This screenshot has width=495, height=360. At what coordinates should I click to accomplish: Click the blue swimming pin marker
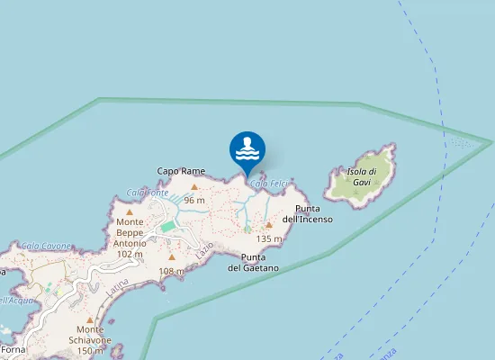coord(247,149)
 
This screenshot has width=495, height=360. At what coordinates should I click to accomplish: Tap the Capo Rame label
coord(181,170)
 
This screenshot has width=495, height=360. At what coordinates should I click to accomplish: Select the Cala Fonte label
coord(148,193)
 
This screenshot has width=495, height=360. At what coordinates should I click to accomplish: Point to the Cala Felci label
coord(268,184)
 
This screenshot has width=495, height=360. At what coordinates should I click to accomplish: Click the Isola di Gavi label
coord(360,175)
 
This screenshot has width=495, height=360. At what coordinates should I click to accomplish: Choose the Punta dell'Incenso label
coord(308,213)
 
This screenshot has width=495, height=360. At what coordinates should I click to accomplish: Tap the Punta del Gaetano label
coord(253,263)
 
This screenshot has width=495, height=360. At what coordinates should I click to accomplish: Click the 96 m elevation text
coord(194,200)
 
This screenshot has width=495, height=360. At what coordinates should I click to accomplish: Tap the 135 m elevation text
coord(269,239)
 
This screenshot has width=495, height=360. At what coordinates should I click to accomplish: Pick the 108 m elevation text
coord(171,271)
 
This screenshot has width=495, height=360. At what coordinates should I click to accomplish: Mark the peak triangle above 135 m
coord(269,226)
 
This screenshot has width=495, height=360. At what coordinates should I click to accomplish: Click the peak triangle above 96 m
coord(194,187)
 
